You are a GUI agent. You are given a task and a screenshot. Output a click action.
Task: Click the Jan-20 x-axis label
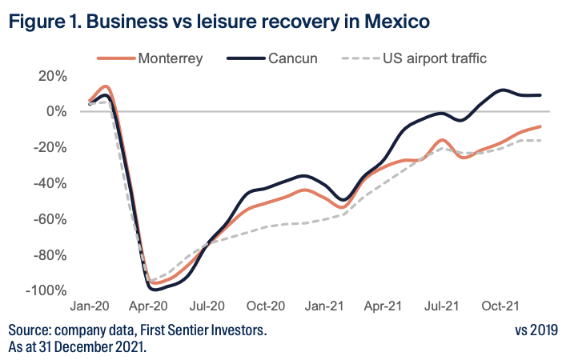point(90,306)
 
